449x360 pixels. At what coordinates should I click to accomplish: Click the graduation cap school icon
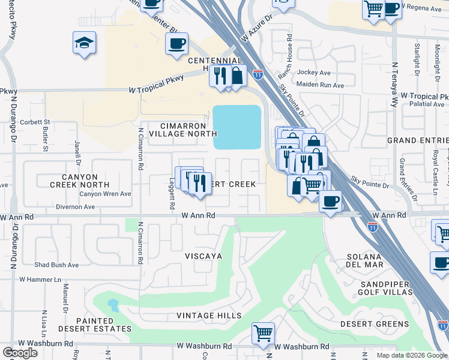(85, 43)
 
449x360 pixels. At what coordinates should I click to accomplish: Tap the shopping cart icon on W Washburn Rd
(263, 333)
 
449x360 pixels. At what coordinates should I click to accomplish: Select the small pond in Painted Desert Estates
(113, 305)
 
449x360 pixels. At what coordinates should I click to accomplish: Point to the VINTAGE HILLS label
(209, 316)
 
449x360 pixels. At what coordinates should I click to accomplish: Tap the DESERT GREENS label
(375, 324)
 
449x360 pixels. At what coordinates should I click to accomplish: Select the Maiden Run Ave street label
(320, 85)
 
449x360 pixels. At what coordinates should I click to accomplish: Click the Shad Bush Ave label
(56, 265)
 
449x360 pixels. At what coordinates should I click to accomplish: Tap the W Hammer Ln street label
(40, 279)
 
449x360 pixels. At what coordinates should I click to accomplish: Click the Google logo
(20, 352)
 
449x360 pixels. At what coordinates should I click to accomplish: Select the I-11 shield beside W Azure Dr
(258, 75)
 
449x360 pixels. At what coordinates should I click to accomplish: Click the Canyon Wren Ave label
(106, 194)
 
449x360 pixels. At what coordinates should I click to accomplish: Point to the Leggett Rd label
(172, 196)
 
